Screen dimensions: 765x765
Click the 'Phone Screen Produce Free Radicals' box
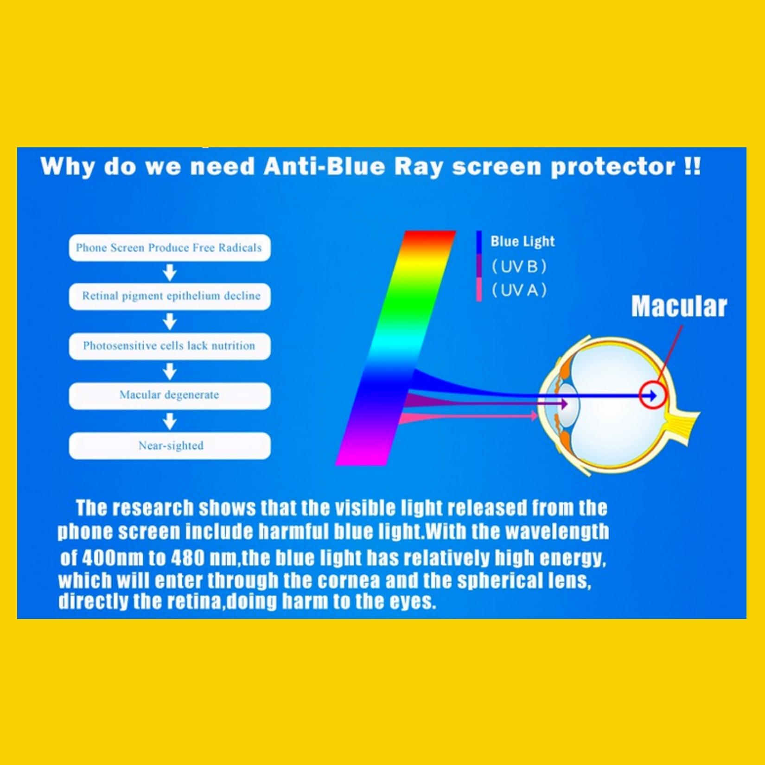tap(170, 248)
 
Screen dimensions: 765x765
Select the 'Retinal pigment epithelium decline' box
tap(170, 297)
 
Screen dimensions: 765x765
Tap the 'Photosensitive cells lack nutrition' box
tap(170, 346)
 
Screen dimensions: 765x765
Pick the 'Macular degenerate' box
tap(170, 396)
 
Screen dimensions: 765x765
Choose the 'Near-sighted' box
tap(170, 446)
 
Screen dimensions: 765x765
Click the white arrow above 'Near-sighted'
tap(170, 421)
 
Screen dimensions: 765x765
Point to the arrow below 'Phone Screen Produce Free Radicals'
tap(170, 273)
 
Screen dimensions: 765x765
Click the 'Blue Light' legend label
tap(523, 241)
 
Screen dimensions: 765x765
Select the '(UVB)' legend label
tap(519, 267)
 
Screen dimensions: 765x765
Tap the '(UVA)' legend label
tap(519, 291)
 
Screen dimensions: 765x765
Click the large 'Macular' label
tap(679, 306)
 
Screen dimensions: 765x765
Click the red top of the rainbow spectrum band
tap(429, 237)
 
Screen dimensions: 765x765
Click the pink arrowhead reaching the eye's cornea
tap(534, 416)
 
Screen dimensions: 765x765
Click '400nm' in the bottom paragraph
tap(113, 558)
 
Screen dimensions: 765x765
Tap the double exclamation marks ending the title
tap(693, 166)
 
